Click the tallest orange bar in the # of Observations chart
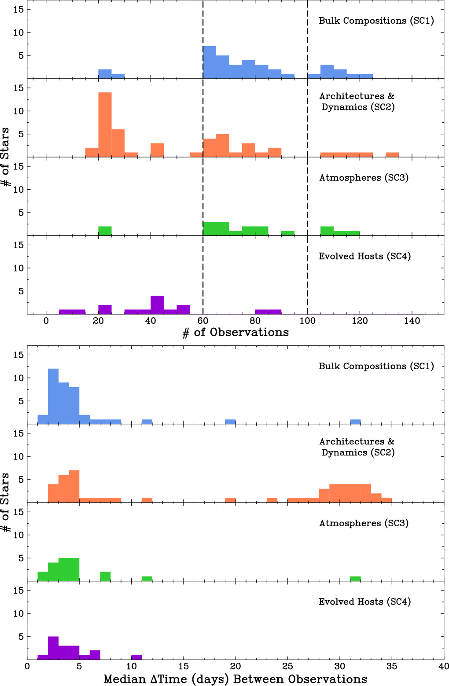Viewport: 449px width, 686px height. click(x=105, y=125)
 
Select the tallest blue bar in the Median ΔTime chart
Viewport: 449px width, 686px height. click(x=53, y=396)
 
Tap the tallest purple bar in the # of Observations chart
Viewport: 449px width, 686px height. click(x=157, y=304)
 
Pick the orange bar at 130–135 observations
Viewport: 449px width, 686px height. click(x=392, y=154)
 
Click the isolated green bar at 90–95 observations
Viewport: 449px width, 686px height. click(x=288, y=233)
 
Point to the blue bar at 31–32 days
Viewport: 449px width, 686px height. click(x=355, y=422)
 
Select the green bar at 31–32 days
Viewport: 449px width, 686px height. click(x=355, y=579)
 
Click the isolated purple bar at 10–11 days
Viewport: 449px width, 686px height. click(x=136, y=657)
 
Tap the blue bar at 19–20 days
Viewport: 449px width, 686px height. click(x=230, y=422)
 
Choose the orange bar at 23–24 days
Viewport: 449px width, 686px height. click(x=272, y=500)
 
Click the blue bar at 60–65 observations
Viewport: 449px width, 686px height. click(x=210, y=62)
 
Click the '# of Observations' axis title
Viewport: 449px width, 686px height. click(x=236, y=333)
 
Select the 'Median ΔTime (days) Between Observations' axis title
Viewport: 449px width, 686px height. click(x=235, y=679)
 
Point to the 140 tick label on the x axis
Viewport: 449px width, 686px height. click(x=412, y=321)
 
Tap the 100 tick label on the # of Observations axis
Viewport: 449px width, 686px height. click(x=307, y=321)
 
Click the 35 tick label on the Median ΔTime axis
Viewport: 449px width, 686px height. click(x=391, y=666)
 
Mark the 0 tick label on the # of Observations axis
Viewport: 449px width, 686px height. click(x=46, y=321)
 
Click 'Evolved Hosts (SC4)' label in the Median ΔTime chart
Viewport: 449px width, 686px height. click(x=364, y=602)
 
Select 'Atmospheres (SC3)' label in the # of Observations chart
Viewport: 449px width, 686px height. click(x=364, y=178)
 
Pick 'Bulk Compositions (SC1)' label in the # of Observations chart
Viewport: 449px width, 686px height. click(x=376, y=21)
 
